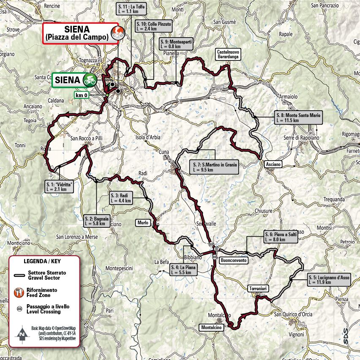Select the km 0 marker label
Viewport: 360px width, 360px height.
tap(82, 95)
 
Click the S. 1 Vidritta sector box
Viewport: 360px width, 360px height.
tap(59, 186)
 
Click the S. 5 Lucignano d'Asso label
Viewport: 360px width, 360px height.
tap(329, 279)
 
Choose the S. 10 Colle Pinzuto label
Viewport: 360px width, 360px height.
tap(154, 27)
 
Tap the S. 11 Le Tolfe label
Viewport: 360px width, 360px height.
tap(131, 10)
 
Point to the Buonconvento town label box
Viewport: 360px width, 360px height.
tap(233, 261)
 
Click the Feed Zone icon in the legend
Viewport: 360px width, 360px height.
tap(19, 292)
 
